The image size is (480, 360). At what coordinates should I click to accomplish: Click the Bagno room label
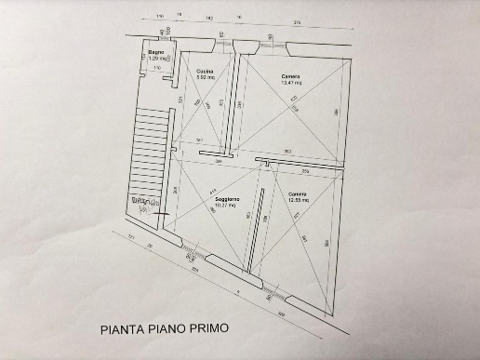click(155, 53)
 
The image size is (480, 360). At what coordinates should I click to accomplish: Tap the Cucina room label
click(206, 71)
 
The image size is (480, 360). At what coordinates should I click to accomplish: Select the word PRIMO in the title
click(202, 329)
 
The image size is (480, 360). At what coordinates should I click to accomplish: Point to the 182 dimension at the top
click(210, 18)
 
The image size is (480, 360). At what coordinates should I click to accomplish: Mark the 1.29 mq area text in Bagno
click(155, 59)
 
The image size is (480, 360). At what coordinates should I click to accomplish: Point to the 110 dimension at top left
click(159, 18)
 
